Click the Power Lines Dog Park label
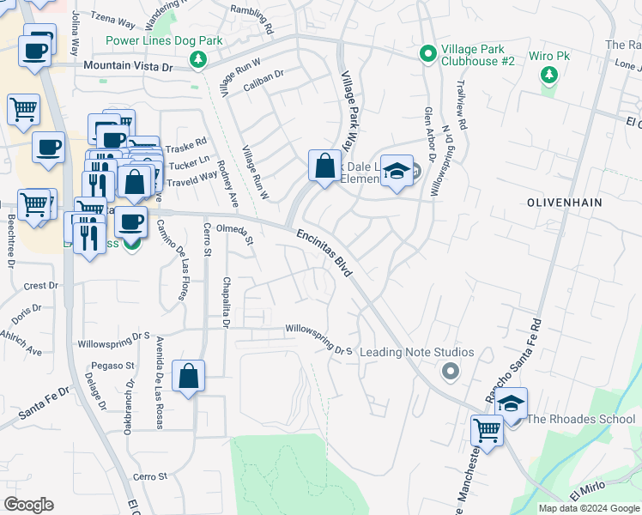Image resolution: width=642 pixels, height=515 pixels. [x=164, y=40]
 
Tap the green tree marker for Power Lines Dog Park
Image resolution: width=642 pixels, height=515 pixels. [x=199, y=58]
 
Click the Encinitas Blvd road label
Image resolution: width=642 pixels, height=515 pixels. [x=325, y=251]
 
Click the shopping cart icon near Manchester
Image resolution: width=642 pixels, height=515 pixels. [x=487, y=430]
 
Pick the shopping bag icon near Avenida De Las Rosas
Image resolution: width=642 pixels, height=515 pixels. [x=188, y=377]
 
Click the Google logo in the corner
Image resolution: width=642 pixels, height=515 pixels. [x=28, y=505]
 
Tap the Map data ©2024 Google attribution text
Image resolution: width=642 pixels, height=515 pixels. [x=588, y=508]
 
